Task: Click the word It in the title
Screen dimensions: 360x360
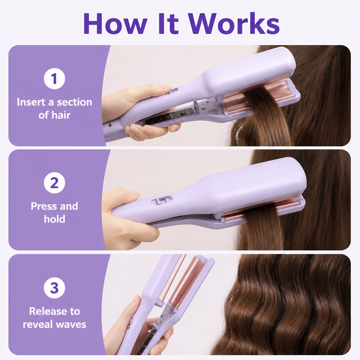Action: click(169, 24)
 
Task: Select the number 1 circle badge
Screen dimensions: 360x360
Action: click(54, 79)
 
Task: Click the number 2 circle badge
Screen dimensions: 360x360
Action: click(54, 183)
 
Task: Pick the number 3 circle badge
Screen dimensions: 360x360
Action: click(54, 288)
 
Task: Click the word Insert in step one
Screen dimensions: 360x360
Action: click(31, 102)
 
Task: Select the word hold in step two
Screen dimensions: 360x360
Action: click(54, 219)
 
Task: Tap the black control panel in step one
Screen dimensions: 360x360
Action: click(170, 116)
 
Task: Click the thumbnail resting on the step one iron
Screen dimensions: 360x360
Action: click(166, 86)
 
